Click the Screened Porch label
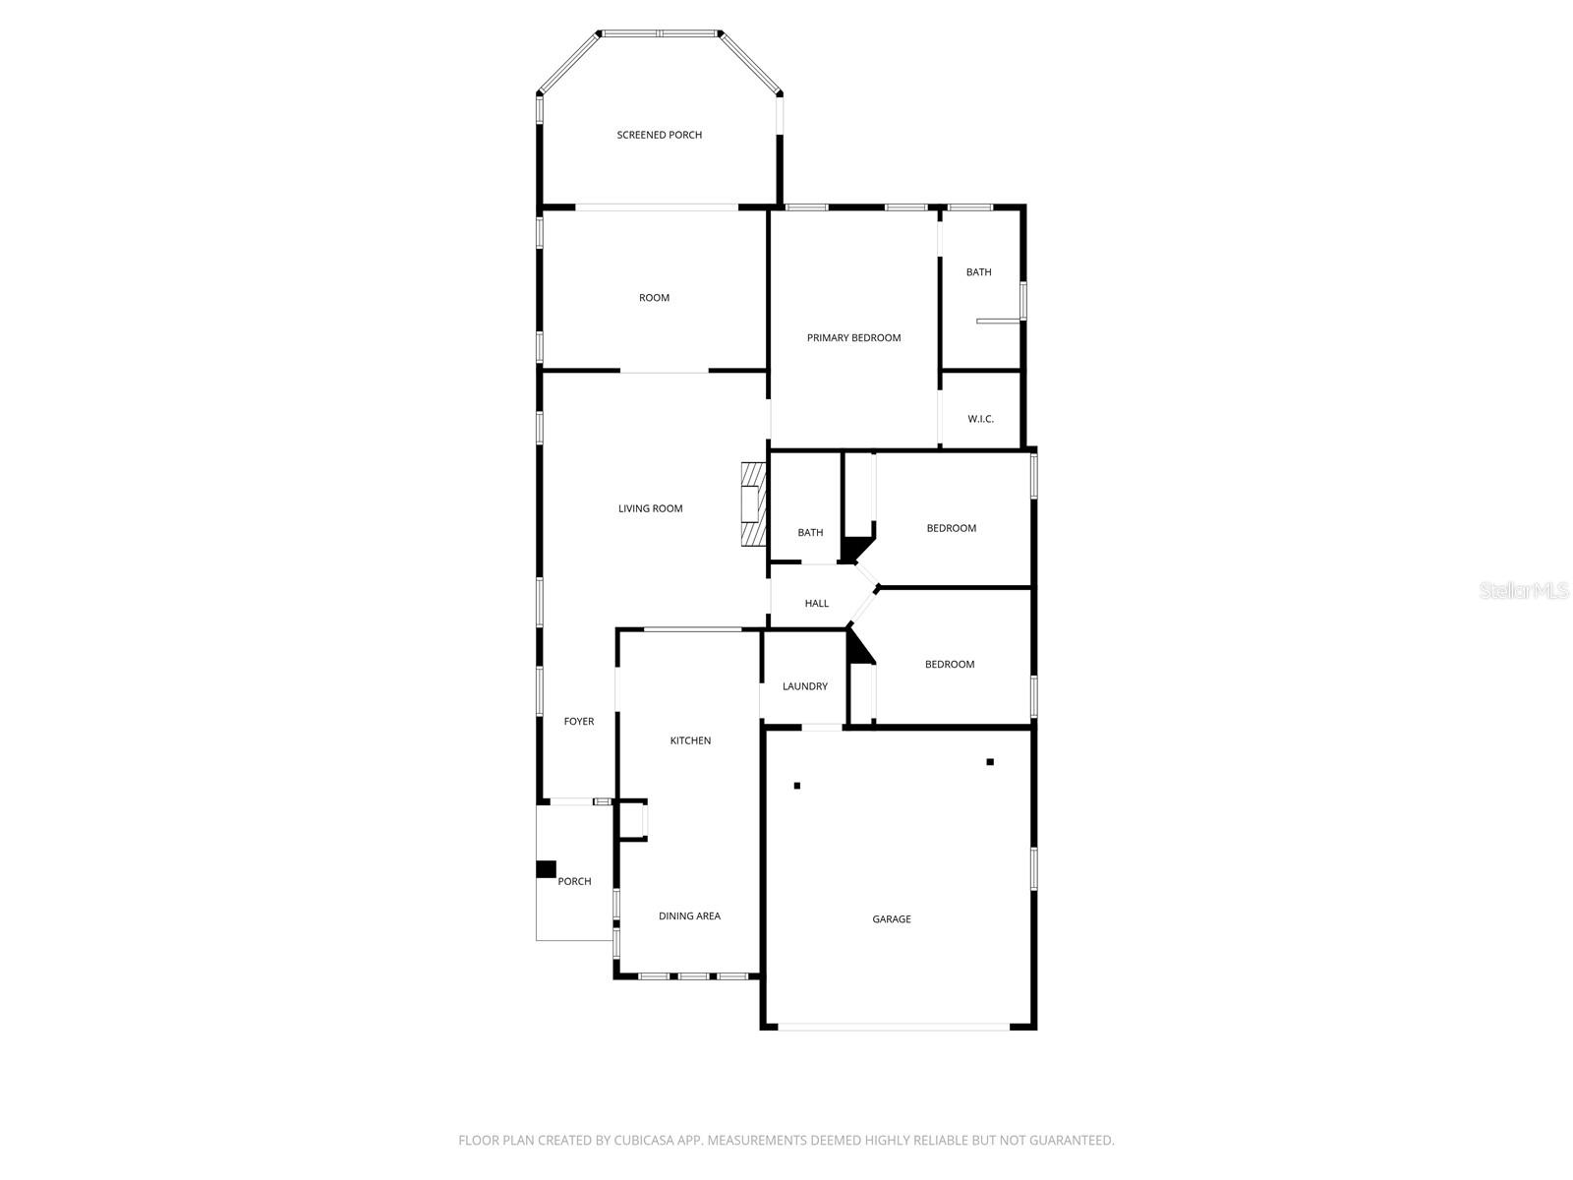coord(659,135)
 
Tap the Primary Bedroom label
coord(853,337)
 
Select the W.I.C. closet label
coord(980,419)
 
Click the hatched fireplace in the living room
coord(754,504)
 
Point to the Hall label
coord(816,604)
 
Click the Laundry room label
coord(804,686)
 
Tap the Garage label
coord(891,919)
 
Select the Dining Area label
coord(689,915)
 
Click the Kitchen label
coord(690,740)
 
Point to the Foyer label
coord(578,722)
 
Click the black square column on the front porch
coord(546,869)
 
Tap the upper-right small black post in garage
coord(990,762)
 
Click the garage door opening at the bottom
coord(893,1027)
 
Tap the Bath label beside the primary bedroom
coord(978,272)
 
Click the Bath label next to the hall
coord(810,533)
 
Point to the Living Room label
coord(650,508)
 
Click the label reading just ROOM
coord(654,298)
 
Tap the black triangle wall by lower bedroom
coord(857,649)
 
